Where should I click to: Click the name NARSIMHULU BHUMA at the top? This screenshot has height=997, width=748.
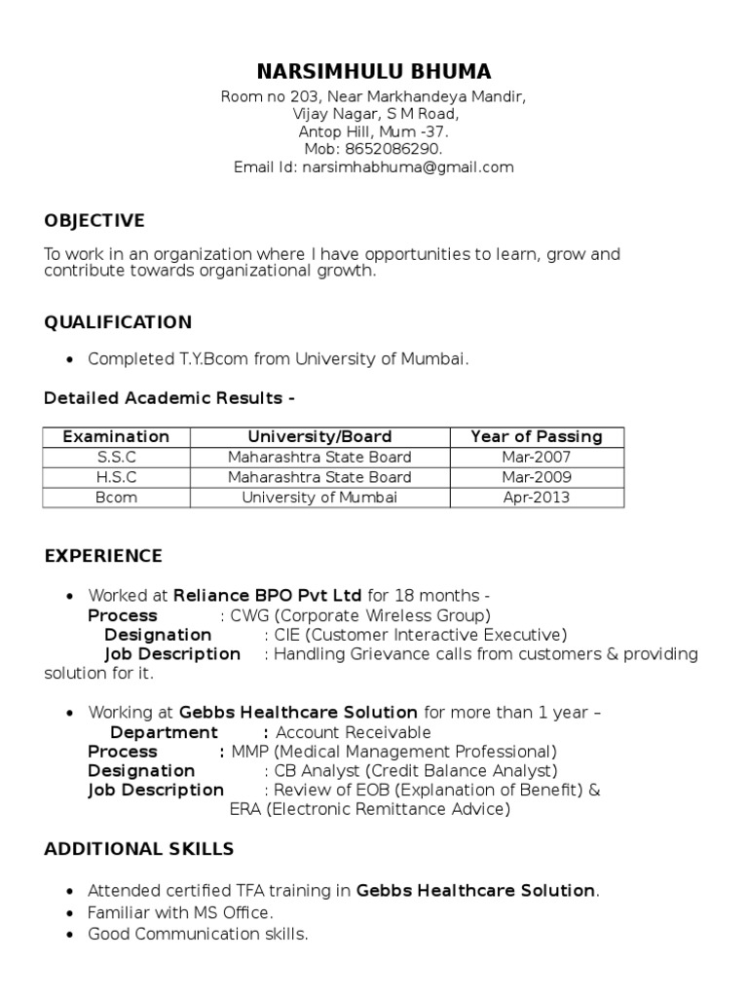(373, 71)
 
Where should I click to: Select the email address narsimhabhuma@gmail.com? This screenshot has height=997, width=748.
(408, 167)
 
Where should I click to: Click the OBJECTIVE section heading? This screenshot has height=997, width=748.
(94, 220)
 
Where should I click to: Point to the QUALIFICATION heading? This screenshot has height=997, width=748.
(118, 322)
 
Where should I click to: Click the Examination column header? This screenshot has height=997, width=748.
(116, 436)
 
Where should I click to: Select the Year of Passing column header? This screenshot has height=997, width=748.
(536, 436)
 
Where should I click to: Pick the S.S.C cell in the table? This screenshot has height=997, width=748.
(116, 457)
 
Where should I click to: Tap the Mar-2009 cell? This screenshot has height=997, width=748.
(536, 477)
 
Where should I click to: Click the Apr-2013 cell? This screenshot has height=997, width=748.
(536, 498)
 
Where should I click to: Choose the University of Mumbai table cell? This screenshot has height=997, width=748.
(319, 498)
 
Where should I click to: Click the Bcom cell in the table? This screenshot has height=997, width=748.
(116, 498)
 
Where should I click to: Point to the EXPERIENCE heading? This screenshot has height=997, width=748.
(103, 557)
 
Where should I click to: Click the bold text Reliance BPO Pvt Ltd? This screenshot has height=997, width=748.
(267, 595)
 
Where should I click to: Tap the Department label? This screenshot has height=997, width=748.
(164, 732)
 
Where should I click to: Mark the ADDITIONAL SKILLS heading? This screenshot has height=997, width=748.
(139, 849)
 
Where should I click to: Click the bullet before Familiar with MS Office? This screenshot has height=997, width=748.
(69, 913)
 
